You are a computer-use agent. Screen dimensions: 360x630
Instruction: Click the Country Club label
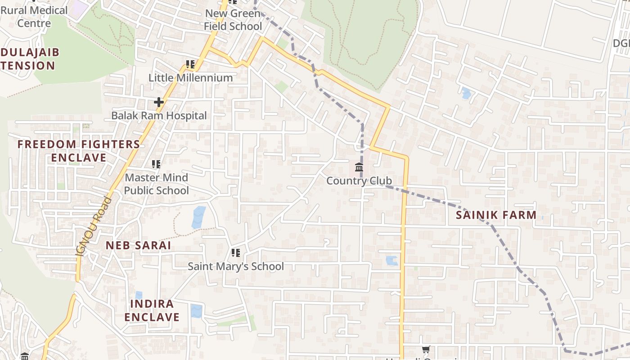359,181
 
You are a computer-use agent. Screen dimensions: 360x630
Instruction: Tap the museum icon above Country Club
359,168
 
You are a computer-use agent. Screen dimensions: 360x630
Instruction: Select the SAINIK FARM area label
496,215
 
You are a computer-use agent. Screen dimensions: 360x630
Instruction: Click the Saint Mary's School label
235,266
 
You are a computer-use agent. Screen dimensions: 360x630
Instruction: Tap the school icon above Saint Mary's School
236,253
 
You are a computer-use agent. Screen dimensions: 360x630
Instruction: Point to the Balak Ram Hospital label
159,116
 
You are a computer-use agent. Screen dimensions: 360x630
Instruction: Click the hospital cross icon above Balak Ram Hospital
159,102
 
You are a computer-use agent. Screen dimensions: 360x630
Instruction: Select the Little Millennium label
190,78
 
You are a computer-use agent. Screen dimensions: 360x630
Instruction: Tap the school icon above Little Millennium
190,64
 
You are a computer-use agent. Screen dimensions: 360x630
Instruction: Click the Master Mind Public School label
156,184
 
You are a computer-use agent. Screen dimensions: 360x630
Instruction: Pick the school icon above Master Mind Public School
156,164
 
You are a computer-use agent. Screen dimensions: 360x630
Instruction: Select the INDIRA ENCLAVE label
152,310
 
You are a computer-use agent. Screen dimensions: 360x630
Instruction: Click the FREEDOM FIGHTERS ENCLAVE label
79,151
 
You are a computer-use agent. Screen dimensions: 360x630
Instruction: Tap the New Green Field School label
233,20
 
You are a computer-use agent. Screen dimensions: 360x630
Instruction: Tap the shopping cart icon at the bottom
426,349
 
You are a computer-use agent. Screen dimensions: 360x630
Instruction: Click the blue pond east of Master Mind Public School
198,217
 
